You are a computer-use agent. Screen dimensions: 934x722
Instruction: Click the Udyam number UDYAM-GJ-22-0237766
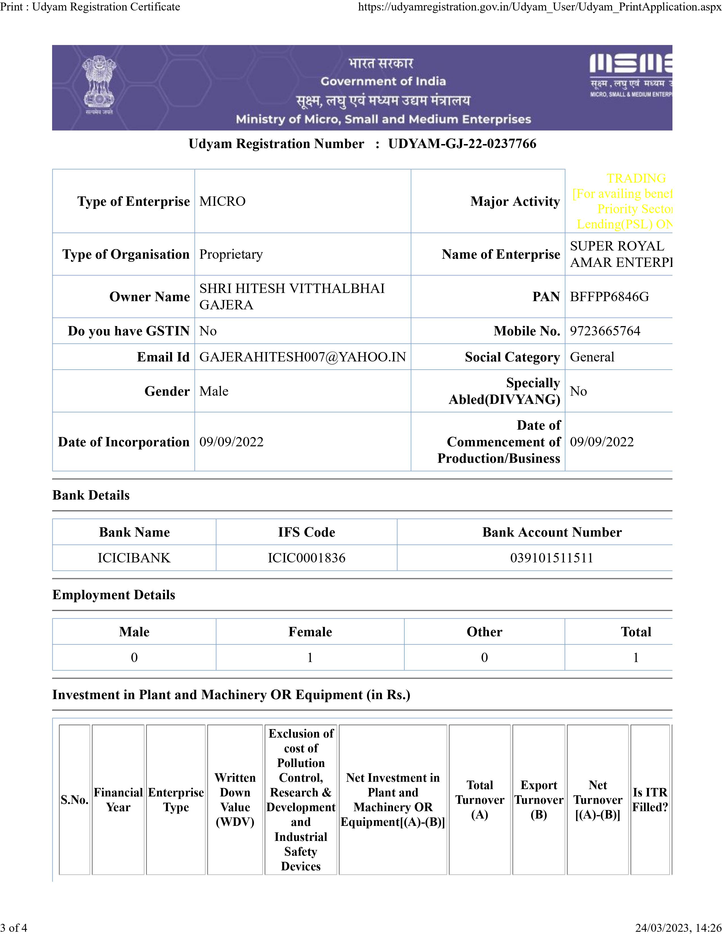coord(462,144)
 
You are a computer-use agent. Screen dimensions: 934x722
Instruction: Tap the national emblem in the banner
coord(99,85)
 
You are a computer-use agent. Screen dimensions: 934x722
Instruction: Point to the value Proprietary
coord(231,254)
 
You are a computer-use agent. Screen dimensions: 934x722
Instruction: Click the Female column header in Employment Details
coord(310,632)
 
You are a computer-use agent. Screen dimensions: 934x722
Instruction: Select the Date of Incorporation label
coord(124,442)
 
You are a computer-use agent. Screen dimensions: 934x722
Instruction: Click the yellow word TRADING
coord(636,178)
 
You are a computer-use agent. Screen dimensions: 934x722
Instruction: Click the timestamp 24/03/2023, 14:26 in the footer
coord(678,927)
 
